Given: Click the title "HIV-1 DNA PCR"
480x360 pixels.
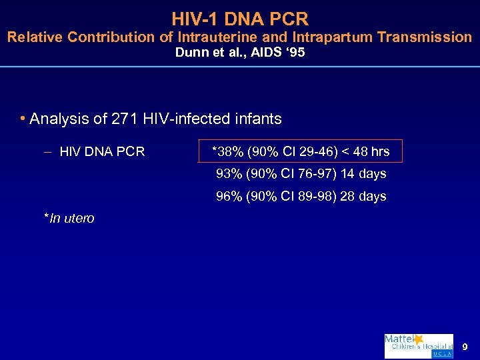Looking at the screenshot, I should coord(239,17).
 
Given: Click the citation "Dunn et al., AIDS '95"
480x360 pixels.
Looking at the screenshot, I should coord(239,53).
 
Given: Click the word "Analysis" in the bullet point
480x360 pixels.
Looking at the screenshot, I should coord(57,119).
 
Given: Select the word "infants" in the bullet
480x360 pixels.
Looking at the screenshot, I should coord(257,119).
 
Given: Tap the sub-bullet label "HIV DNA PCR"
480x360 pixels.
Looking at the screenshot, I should coord(101,152).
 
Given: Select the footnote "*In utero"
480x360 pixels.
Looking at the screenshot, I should coord(69,218).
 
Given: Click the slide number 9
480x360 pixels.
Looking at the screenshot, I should coord(465,347).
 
